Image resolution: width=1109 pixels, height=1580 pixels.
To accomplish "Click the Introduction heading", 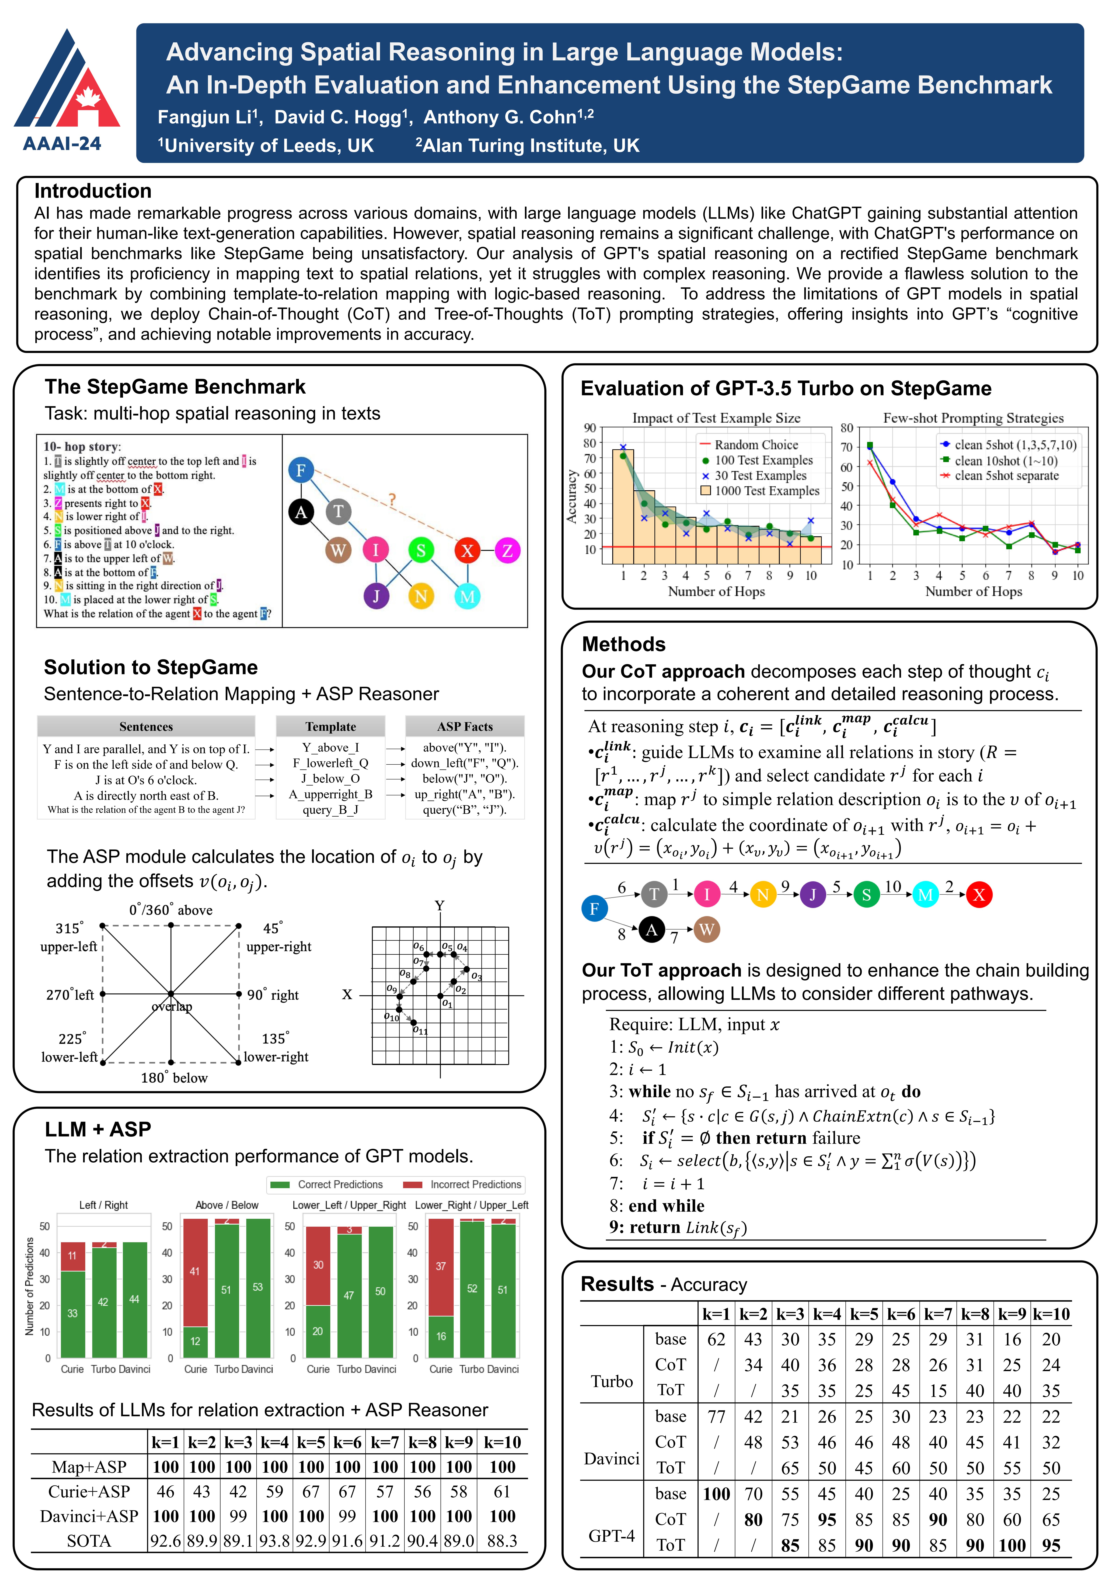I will coord(93,191).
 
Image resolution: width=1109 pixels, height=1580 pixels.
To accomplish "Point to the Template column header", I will coord(330,727).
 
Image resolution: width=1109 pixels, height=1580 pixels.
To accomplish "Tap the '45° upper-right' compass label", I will coord(278,937).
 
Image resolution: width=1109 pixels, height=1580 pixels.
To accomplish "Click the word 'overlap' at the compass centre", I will coord(172,1007).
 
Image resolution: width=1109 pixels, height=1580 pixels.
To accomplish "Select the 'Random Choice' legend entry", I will coord(756,445).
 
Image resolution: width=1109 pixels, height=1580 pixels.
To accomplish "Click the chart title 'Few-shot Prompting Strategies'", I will coord(973,418).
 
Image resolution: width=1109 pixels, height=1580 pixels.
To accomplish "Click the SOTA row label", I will coord(89,1541).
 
